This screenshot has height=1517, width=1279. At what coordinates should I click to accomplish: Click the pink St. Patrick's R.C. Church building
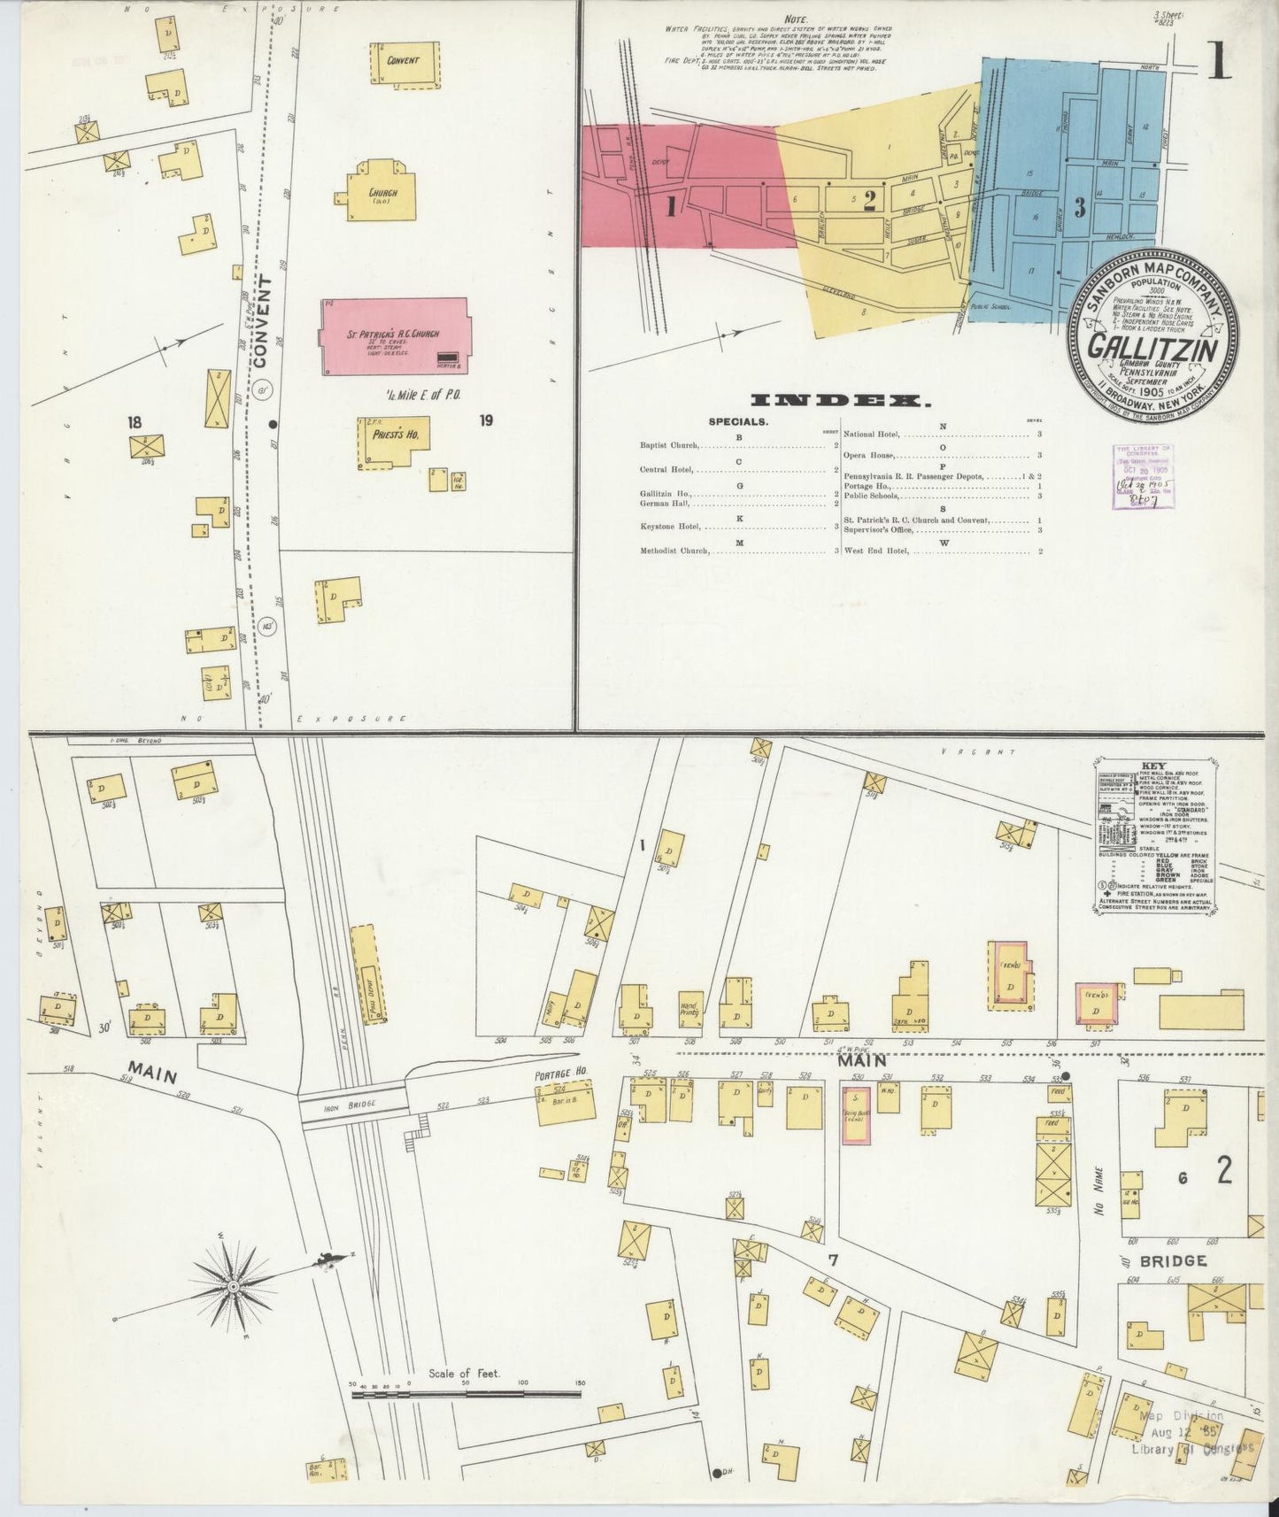394,336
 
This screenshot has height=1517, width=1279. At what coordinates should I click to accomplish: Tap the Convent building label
403,61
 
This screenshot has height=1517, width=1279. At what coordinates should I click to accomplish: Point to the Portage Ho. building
565,1103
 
